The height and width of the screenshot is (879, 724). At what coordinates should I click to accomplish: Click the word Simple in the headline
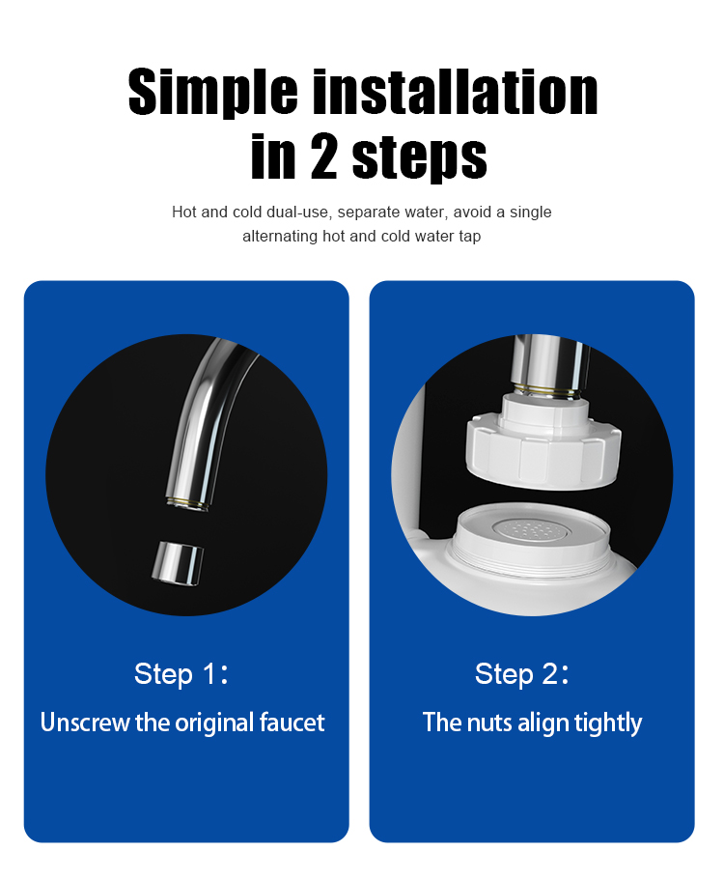tap(213, 93)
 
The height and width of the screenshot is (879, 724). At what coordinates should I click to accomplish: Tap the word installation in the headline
tap(455, 92)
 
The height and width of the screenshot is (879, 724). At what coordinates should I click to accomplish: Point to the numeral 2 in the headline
tap(324, 156)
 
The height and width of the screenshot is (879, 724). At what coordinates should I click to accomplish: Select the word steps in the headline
tap(419, 158)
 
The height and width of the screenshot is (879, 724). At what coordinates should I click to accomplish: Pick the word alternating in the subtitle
tap(280, 237)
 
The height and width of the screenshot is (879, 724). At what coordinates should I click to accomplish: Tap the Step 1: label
tap(181, 674)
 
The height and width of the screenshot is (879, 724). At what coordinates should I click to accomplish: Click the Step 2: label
tap(521, 674)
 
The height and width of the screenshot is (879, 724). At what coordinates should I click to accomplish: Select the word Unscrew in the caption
tap(85, 723)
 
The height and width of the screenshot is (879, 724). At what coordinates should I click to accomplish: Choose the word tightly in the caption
tap(608, 723)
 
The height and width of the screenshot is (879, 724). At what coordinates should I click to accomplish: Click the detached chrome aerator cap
tap(177, 563)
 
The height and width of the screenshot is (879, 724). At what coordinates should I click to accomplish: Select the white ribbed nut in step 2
tap(543, 442)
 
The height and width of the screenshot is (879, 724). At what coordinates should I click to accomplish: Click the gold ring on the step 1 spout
tap(187, 500)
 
